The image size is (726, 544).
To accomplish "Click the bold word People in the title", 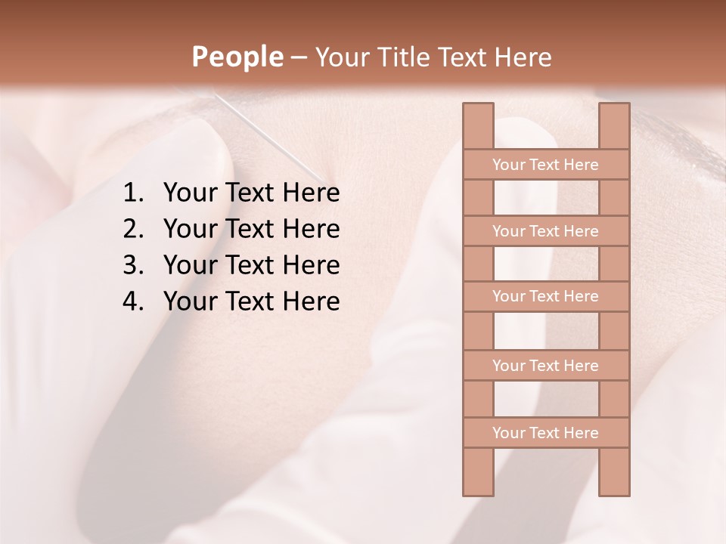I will pos(237,57).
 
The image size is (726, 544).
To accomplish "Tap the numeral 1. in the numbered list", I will pos(133,193).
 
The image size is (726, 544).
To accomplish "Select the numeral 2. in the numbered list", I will pos(133,229).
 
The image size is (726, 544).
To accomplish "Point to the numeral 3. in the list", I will pos(133,265).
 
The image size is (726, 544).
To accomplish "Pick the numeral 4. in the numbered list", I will pos(133,301).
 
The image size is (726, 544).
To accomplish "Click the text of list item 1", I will pos(251,193).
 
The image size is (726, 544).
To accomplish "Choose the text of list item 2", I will pos(251,229).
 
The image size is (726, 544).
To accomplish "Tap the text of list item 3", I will pos(251,265).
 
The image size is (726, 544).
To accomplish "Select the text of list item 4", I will pos(251,301).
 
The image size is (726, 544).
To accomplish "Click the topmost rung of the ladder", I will pos(545,165).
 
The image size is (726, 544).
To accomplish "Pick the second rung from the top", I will pos(545,231).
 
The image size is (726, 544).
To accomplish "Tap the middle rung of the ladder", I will pos(545,296).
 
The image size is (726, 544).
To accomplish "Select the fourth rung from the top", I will pos(545,366).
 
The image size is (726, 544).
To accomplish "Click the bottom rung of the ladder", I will pos(545,433).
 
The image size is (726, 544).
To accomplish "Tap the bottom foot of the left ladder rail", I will pos(478,487).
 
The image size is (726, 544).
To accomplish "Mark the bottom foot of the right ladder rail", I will pos(614,487).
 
